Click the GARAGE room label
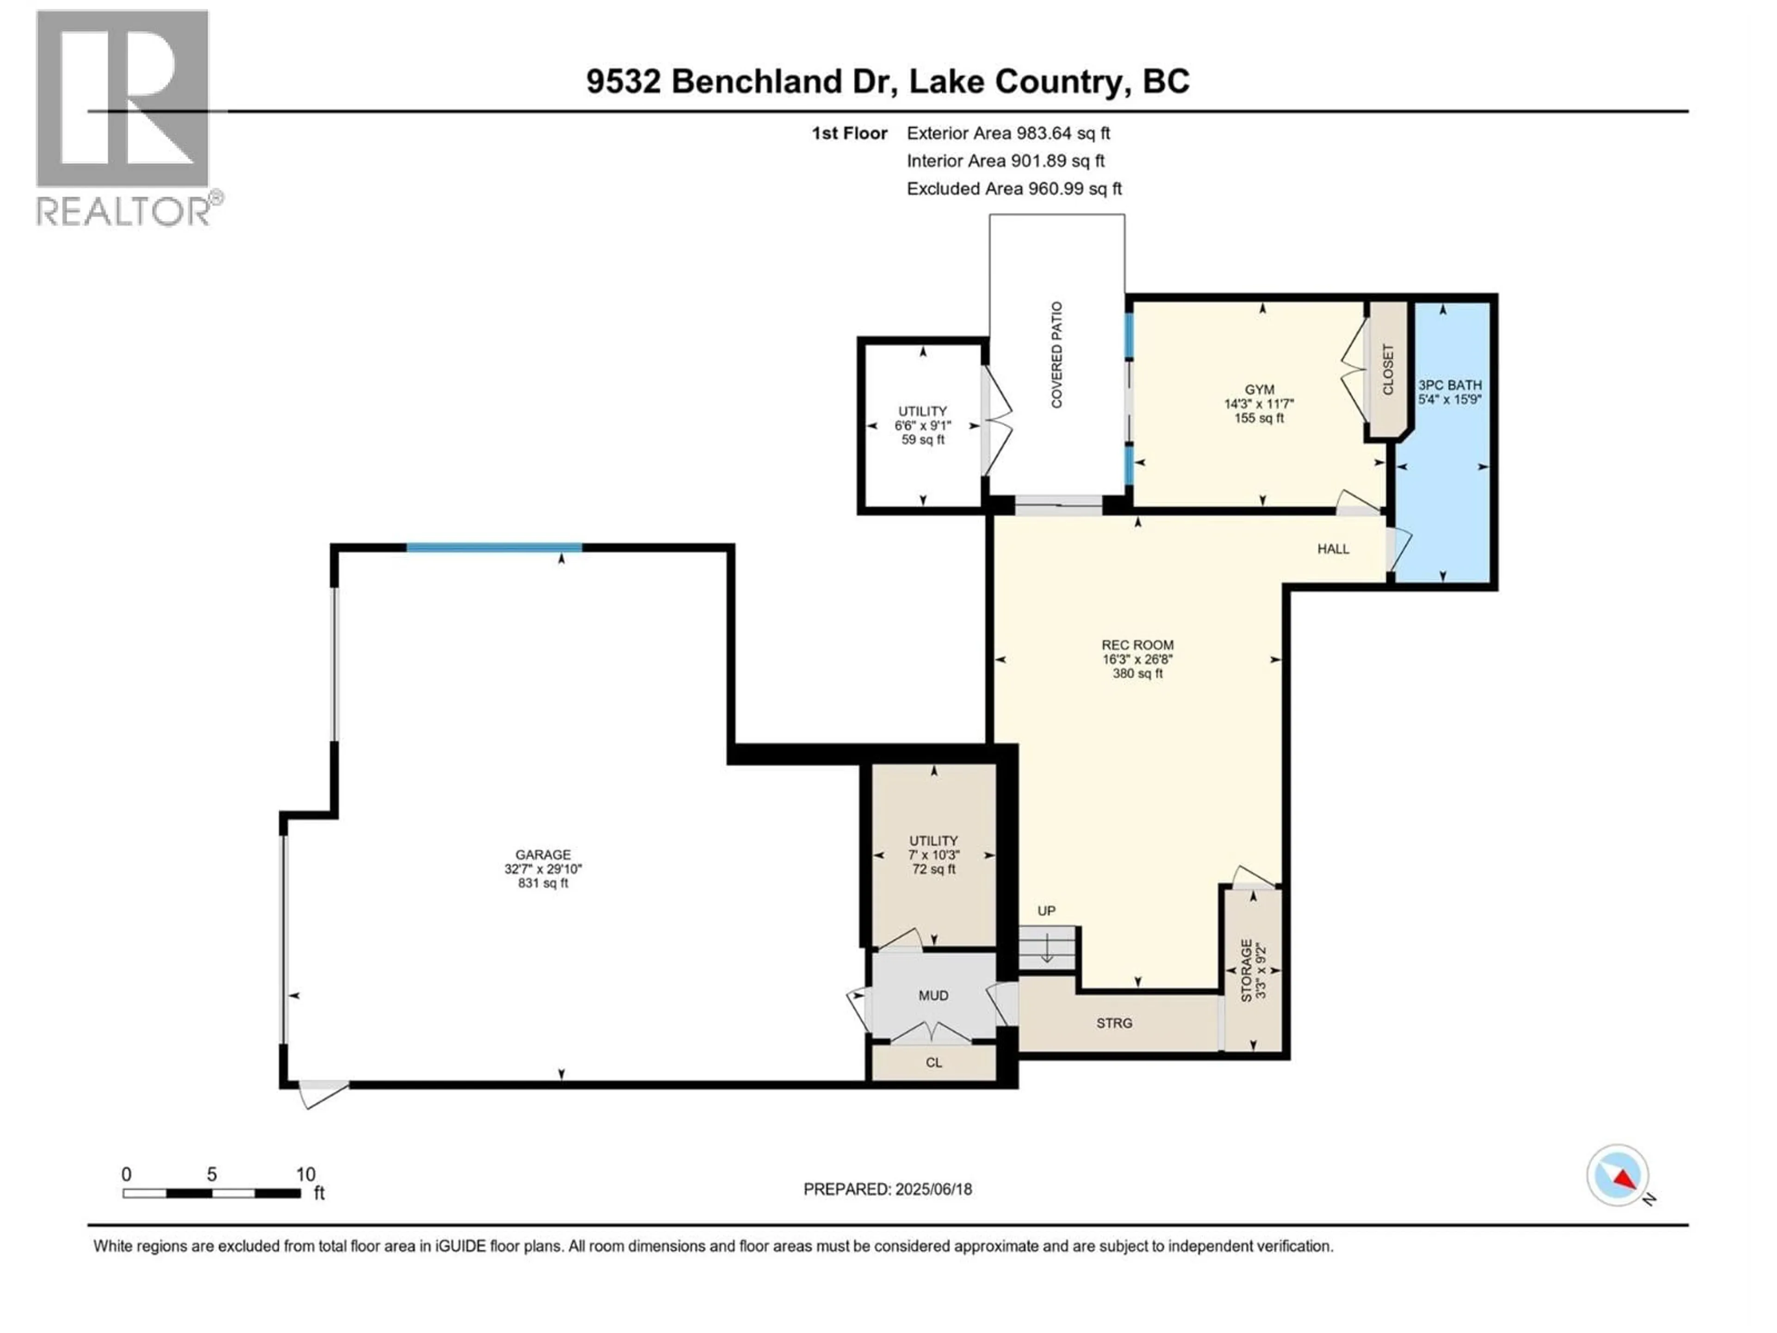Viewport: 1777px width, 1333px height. pyautogui.click(x=543, y=855)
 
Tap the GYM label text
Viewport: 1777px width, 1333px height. pyautogui.click(x=1260, y=390)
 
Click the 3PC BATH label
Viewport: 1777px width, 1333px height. pyautogui.click(x=1450, y=386)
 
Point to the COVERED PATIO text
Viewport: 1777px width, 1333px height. pyautogui.click(x=1057, y=355)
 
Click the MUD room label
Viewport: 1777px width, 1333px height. pyautogui.click(x=933, y=996)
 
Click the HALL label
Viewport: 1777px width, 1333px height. pyautogui.click(x=1333, y=549)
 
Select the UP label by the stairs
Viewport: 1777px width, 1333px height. pyautogui.click(x=1046, y=911)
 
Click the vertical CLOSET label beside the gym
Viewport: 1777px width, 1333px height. pyautogui.click(x=1387, y=370)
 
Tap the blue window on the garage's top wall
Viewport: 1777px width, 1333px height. pyautogui.click(x=494, y=548)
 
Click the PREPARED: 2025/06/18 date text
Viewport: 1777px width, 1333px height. pyautogui.click(x=888, y=1189)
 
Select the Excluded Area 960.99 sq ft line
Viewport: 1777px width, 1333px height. pyautogui.click(x=1014, y=189)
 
